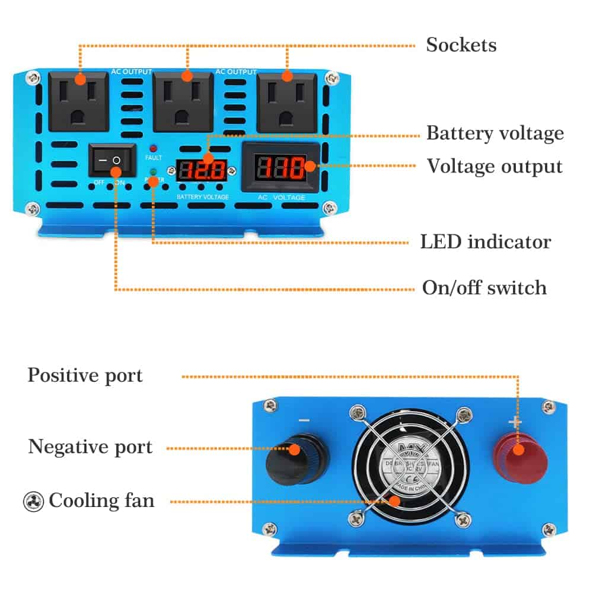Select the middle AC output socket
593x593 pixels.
point(183,101)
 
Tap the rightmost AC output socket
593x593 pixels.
point(287,101)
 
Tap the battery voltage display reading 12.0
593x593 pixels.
point(202,171)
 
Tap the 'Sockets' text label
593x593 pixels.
point(461,45)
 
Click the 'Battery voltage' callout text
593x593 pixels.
point(495,133)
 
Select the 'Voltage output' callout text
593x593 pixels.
point(495,166)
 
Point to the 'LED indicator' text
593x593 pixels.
point(485,242)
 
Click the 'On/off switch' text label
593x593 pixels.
point(484,288)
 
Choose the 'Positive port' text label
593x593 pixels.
point(85,375)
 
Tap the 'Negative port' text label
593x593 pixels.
point(90,447)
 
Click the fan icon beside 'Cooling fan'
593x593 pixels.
point(33,501)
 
